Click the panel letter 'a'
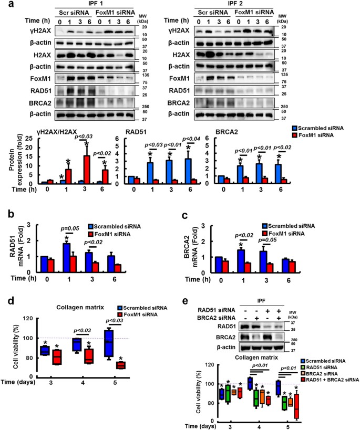[4, 5]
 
